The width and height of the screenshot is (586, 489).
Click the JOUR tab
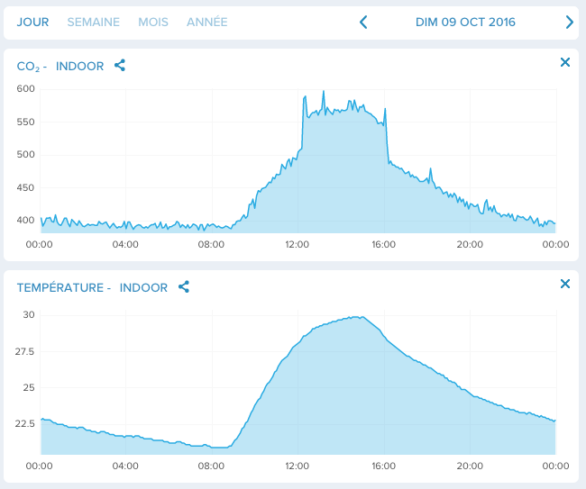pos(32,22)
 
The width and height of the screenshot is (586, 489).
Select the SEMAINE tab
pos(93,22)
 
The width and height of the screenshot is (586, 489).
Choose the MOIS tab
pos(152,22)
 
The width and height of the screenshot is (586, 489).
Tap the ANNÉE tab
pos(206,22)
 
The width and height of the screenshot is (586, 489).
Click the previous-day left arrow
pos(363,23)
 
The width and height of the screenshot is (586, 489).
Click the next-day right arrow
pos(569,23)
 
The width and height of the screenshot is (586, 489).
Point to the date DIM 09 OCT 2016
pos(465,22)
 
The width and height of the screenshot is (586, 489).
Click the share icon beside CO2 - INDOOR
pos(120,66)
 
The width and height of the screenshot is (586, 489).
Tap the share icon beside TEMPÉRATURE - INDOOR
pos(184,287)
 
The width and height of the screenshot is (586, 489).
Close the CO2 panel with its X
pos(565,62)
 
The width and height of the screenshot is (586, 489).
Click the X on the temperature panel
pos(565,284)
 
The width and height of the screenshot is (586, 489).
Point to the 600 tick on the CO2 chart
pos(25,88)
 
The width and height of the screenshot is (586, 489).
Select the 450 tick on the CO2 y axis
pos(25,187)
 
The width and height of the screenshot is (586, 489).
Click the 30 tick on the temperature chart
pos(29,315)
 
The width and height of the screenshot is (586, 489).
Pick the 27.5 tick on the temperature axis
pos(25,351)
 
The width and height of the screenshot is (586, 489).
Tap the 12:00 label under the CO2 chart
pos(297,244)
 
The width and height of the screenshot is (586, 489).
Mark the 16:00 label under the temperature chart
pos(383,466)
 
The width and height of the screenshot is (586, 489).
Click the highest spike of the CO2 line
pos(323,92)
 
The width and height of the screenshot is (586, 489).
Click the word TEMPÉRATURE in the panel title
pos(60,287)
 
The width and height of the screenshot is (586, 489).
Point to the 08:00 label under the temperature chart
pos(211,466)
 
